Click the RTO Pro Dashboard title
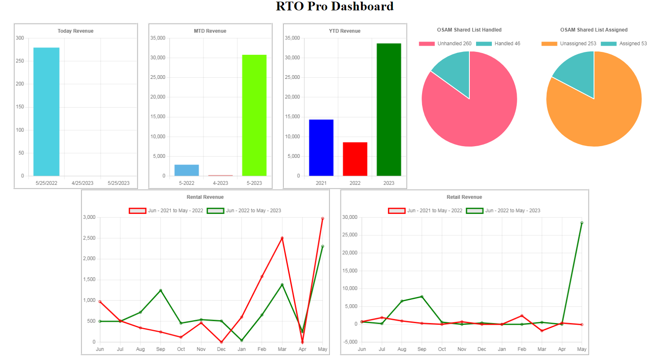pyautogui.click(x=334, y=6)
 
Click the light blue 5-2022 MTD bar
pyautogui.click(x=187, y=170)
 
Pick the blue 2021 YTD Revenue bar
pyautogui.click(x=321, y=147)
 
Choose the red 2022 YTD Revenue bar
pyautogui.click(x=355, y=159)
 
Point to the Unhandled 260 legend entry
pyautogui.click(x=445, y=44)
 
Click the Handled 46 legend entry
pyautogui.click(x=498, y=44)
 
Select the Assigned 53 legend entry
pyautogui.click(x=624, y=44)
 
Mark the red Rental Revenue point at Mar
pyautogui.click(x=282, y=238)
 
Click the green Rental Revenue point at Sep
pyautogui.click(x=161, y=290)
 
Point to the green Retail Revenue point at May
pyautogui.click(x=582, y=223)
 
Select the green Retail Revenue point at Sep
pyautogui.click(x=422, y=296)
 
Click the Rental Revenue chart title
pyautogui.click(x=205, y=197)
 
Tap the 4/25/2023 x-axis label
pyautogui.click(x=82, y=183)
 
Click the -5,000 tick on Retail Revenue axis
pyautogui.click(x=349, y=342)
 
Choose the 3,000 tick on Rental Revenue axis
pyautogui.click(x=89, y=217)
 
